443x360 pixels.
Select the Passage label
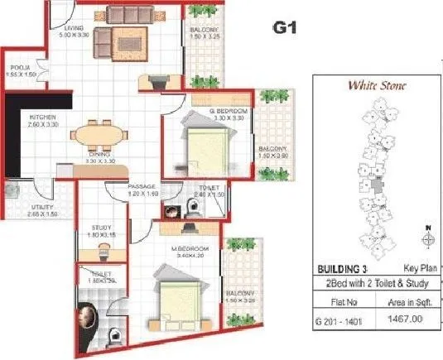pos(142,187)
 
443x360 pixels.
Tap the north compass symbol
pos(427,238)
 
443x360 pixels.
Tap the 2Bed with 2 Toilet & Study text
pos(373,283)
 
